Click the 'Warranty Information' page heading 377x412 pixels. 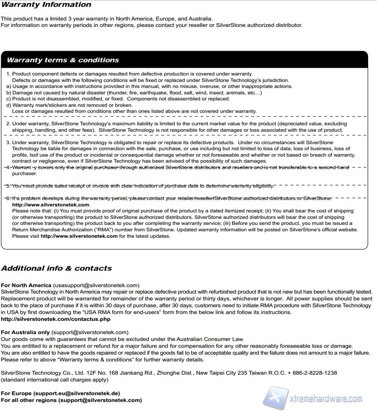[x=46, y=5]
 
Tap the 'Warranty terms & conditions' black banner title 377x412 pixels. [x=63, y=60]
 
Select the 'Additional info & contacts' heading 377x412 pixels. [x=56, y=268]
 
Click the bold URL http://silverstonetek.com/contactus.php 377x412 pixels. [x=55, y=319]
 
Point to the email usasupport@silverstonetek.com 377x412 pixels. [x=96, y=286]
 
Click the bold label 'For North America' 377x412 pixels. [x=26, y=286]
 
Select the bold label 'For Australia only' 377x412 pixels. [x=25, y=332]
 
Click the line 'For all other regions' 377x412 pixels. [x=29, y=400]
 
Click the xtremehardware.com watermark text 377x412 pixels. [x=326, y=399]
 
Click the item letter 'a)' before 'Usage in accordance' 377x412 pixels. [x=8, y=86]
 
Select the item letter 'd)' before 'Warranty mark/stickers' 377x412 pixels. [x=8, y=105]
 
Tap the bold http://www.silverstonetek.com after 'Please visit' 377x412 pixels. [x=79, y=236]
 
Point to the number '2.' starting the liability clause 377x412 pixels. [x=8, y=124]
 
